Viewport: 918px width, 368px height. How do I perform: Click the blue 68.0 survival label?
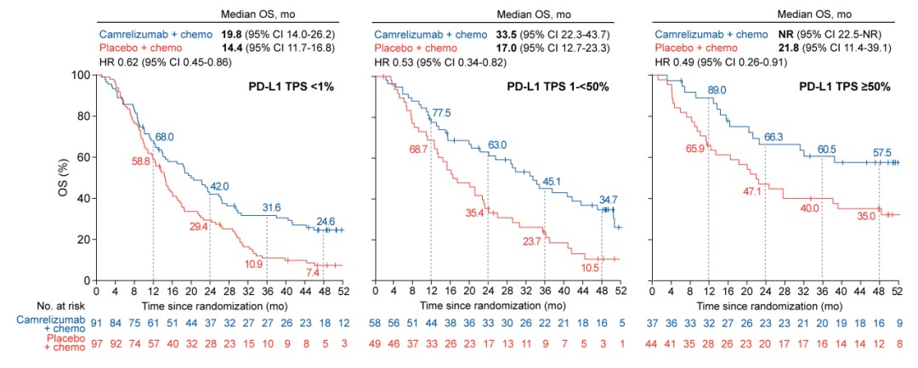tap(165, 136)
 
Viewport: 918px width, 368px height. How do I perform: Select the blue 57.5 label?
tap(879, 154)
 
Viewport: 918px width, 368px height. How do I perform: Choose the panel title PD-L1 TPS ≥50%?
tap(844, 87)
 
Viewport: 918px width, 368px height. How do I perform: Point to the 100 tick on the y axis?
tap(81, 75)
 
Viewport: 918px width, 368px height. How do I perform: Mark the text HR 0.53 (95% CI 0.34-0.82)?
tap(450, 61)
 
